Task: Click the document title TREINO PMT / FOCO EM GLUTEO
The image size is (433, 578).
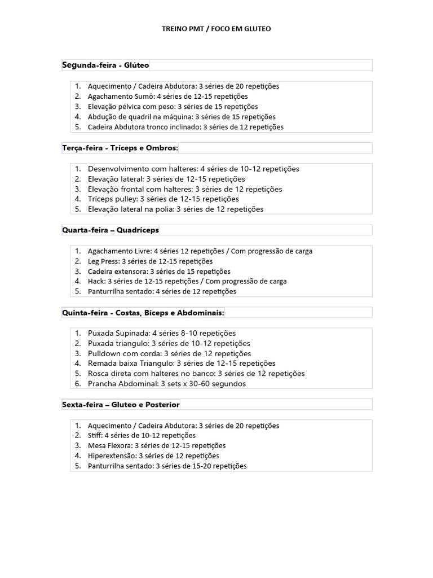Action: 216,28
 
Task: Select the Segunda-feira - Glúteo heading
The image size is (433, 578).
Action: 105,65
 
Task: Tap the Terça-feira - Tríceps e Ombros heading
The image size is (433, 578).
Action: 120,148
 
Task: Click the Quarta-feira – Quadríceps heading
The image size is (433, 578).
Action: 111,230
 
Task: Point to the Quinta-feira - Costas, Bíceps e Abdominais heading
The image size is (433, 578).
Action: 143,313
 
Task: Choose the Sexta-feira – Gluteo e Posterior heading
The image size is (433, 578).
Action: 121,404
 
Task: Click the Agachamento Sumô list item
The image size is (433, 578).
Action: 167,97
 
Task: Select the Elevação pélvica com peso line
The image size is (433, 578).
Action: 173,107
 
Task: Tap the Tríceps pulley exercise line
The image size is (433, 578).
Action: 163,199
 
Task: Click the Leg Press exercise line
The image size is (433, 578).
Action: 150,261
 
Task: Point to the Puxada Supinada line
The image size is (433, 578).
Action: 162,334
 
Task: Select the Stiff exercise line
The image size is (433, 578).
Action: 142,436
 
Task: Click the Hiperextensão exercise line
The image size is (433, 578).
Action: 153,456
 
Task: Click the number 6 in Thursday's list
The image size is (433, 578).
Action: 77,384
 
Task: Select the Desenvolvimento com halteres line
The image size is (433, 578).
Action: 193,169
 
